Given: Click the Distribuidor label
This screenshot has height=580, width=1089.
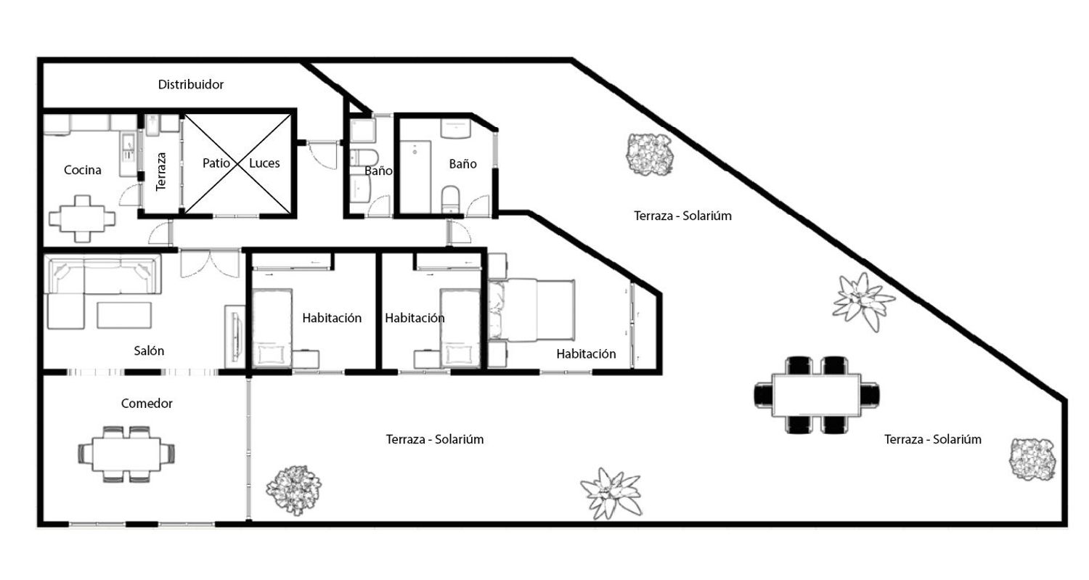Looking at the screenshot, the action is (x=190, y=85).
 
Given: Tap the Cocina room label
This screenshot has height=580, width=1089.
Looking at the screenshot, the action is (x=83, y=170).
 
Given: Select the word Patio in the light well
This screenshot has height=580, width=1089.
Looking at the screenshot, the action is (x=216, y=163).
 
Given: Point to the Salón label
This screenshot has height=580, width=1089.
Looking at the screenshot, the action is (x=149, y=351).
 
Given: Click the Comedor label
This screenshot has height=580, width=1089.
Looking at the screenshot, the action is (x=147, y=404).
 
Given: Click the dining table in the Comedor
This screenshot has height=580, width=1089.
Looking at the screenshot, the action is (x=126, y=454).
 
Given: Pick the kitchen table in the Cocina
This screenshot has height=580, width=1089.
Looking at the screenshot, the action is (x=82, y=218).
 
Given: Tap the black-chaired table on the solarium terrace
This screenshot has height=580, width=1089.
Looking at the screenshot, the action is (x=816, y=395).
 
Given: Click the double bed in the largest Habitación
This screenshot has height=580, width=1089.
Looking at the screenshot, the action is (x=531, y=310).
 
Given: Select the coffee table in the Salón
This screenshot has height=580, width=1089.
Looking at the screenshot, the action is (x=124, y=315).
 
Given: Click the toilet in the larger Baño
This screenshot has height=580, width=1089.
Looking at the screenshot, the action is (x=451, y=198).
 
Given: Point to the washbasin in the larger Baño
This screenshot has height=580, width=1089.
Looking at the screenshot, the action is (x=455, y=128).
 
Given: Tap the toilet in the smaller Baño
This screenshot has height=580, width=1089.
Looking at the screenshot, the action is (x=364, y=158).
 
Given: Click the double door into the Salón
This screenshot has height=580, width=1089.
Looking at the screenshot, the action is (x=210, y=263).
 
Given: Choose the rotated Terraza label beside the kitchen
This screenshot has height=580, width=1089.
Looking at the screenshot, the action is (x=161, y=171).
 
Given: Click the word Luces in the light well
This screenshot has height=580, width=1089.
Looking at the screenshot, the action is (x=264, y=163).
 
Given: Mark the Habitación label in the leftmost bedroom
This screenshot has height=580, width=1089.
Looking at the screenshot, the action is (x=332, y=318).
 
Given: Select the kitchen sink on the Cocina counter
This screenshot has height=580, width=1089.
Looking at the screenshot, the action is (x=129, y=146).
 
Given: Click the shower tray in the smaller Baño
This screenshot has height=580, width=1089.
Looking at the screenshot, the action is (x=363, y=130).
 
